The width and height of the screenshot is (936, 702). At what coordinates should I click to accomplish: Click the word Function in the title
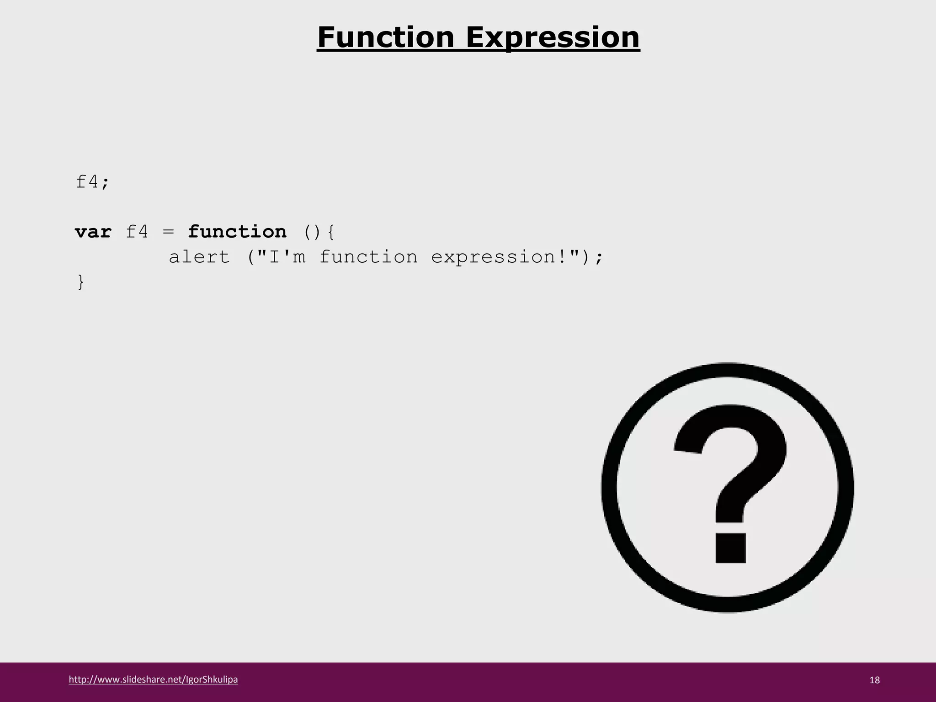386,37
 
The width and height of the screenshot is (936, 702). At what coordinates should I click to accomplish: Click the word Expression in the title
553,37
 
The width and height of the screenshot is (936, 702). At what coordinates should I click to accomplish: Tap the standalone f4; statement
92,182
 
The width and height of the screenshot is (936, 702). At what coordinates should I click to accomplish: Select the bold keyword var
93,232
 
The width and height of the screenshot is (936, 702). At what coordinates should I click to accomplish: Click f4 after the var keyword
137,232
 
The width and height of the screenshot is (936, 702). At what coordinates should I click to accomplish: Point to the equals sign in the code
168,232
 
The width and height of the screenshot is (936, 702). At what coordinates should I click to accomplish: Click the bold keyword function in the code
237,232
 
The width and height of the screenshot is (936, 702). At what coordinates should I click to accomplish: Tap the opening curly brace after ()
331,233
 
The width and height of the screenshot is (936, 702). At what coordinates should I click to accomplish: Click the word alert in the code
199,257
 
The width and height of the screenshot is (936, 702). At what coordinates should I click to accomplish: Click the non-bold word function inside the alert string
368,257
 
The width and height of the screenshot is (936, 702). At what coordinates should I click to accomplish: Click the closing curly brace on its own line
81,282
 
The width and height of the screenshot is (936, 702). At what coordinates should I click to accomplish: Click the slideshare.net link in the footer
153,679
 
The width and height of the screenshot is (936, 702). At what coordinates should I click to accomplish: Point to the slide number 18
874,680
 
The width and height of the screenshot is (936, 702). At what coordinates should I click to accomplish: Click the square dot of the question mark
730,548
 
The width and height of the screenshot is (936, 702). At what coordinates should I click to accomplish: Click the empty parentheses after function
312,233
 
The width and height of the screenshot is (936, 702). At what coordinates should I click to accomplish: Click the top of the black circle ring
728,371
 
